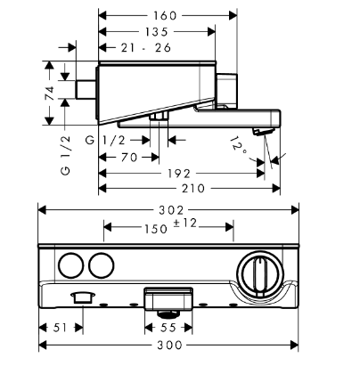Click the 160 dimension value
165,16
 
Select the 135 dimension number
157,32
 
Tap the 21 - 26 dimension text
146,47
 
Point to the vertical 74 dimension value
50,94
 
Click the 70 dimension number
129,157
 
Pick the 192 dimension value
179,174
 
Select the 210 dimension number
193,188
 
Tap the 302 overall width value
171,210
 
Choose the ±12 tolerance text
185,223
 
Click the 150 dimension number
156,229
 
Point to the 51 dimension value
61,328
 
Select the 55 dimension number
168,328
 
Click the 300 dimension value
169,345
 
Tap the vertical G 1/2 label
66,155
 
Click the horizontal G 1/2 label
105,140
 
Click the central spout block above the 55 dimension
168,298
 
